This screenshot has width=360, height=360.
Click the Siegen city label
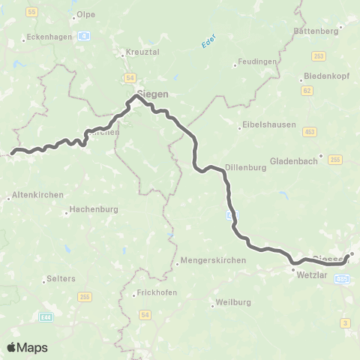coord(152,94)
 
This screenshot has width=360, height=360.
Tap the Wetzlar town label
coord(313,275)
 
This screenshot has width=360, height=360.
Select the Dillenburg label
coord(246,168)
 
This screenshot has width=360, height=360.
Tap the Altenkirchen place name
coord(29,198)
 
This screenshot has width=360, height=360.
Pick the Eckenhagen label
coord(47,35)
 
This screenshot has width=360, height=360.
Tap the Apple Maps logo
coord(27,346)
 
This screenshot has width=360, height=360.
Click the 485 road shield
coord(343,278)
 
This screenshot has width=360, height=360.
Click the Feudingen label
coord(259,63)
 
